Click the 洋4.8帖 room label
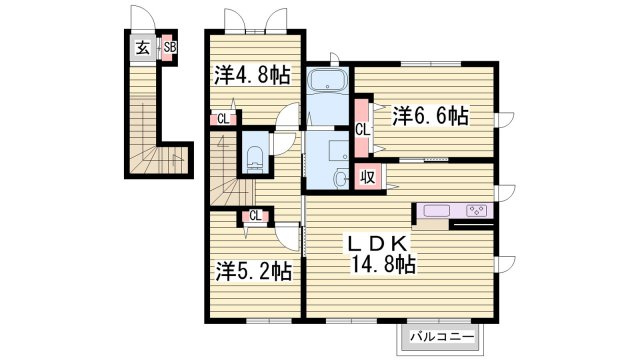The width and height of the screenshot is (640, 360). (253, 75)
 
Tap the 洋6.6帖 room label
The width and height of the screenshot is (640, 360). (430, 116)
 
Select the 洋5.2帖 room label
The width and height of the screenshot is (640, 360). (254, 271)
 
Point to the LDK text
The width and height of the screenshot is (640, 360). (378, 244)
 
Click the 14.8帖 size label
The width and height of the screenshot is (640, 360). (384, 264)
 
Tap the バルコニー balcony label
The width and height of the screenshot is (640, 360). (442, 337)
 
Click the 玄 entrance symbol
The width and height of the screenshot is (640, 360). (142, 48)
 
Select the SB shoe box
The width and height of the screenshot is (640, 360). (170, 47)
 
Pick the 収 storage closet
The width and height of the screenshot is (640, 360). (368, 177)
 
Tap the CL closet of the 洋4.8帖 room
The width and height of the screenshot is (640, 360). (223, 119)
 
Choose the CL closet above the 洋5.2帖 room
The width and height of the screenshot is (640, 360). (255, 216)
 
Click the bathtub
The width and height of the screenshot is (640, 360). (328, 80)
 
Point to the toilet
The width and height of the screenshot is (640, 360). (254, 159)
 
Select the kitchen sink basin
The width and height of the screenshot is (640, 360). (437, 211)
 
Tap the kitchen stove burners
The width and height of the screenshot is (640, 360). (477, 211)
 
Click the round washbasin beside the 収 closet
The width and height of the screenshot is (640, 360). (340, 179)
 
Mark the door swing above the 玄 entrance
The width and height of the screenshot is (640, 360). (143, 18)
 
